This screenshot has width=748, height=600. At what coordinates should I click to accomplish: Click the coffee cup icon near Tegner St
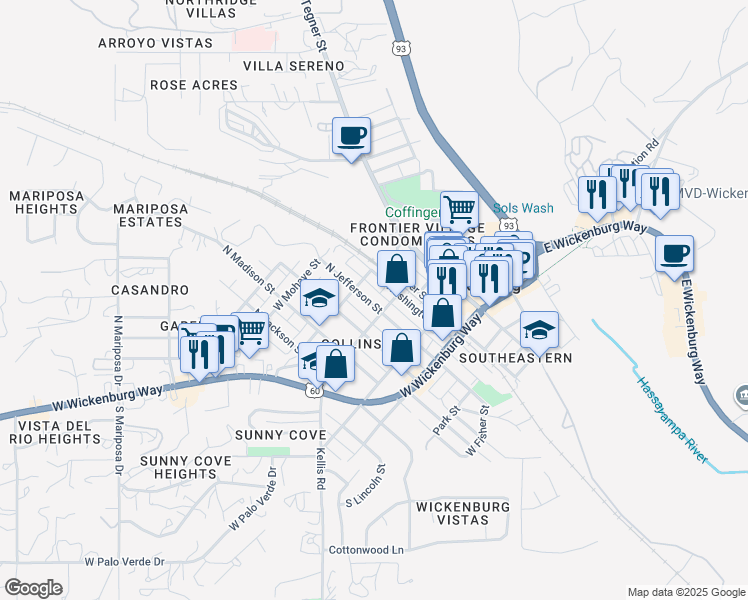coord(351,135)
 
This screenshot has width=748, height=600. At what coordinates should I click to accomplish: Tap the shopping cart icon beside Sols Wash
coord(459,209)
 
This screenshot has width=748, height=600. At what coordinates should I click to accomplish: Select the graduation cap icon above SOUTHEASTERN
coord(539,329)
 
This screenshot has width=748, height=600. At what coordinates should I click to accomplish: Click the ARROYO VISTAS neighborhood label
coord(155,43)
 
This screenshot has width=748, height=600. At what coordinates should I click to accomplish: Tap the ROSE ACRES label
coord(194,85)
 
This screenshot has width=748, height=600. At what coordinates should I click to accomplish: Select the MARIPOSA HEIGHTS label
coord(45,203)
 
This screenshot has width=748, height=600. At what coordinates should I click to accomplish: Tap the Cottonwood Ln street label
coord(367,550)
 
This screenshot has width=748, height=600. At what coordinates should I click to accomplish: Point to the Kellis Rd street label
coord(321,469)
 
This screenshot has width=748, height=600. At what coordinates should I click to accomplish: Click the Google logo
coord(33,587)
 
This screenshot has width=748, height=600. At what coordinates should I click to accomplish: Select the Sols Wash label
coord(523,208)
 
